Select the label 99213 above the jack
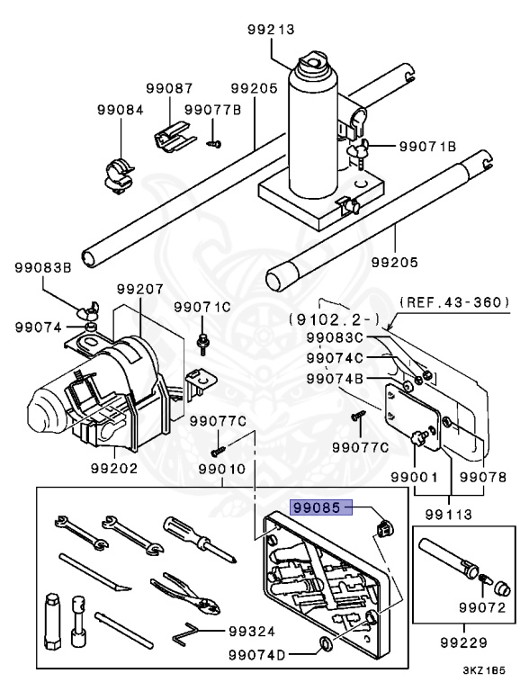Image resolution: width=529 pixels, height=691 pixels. pos(271,30)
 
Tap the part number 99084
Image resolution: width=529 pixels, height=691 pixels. pos(121,110)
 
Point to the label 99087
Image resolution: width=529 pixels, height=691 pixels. pos(169,88)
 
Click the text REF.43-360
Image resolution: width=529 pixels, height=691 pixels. pos(454,302)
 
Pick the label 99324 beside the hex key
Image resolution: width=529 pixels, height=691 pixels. pos(252,632)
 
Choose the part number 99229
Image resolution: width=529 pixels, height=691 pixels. pos(463,642)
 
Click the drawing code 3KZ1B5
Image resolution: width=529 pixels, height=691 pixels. pos(484,670)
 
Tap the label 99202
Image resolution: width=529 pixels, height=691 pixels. pos(114,468)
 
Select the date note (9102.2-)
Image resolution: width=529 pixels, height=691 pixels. pos(334,319)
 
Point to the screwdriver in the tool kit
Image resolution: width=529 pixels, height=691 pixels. pos(202,540)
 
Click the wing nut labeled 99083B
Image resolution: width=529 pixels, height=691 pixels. pos(88,310)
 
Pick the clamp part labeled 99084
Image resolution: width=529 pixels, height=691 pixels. pos(119,175)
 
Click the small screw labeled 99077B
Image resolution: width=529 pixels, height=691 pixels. pos(214,143)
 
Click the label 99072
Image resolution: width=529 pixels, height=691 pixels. pos(482,607)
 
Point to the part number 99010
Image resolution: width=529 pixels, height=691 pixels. pos(221,469)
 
